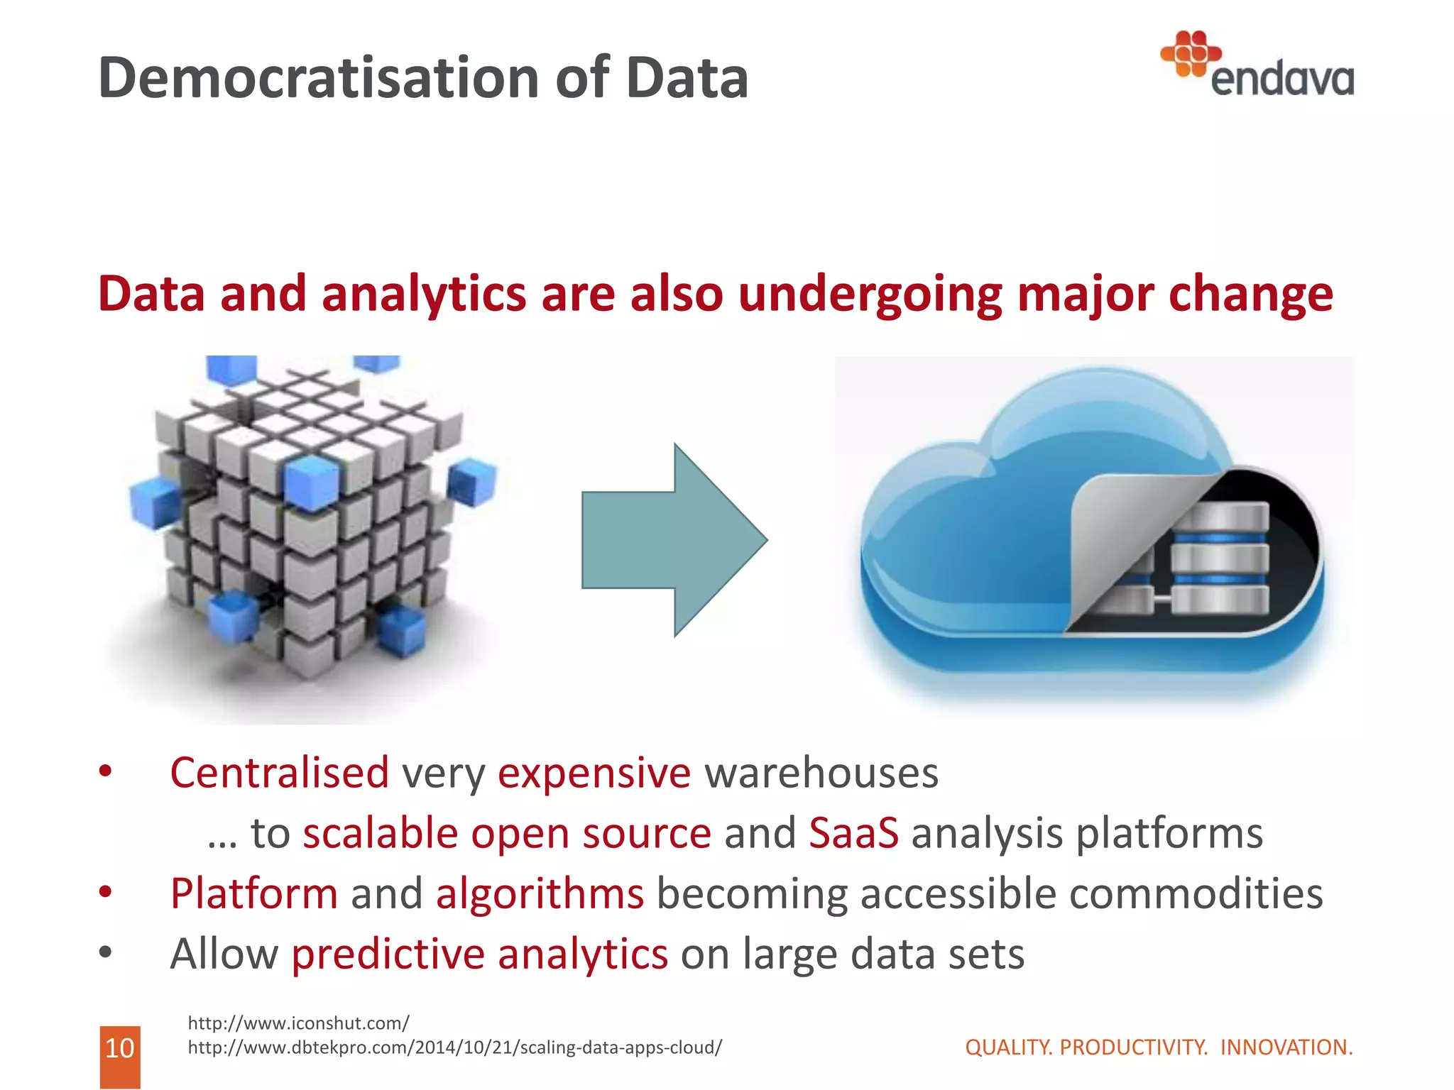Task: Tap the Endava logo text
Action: (1281, 80)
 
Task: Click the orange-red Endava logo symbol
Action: (1190, 53)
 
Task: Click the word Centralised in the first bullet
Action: (279, 773)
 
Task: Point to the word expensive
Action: (594, 773)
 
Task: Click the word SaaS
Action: (853, 833)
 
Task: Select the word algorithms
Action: (540, 893)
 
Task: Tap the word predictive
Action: (387, 954)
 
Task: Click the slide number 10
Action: (119, 1048)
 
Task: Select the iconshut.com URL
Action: (298, 1023)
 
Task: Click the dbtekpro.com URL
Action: (454, 1047)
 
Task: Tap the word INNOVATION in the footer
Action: (1286, 1047)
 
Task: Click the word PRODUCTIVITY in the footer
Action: (1133, 1047)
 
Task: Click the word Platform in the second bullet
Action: (253, 893)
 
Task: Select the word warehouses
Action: (821, 773)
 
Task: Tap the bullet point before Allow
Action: (106, 953)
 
